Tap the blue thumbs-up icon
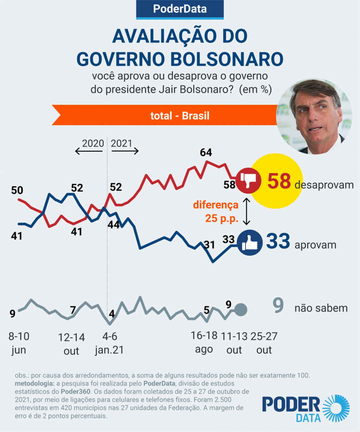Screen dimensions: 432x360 [250, 245]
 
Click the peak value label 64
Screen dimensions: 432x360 [205, 152]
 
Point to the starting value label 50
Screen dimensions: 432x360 [17, 190]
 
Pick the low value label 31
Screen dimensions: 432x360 [209, 245]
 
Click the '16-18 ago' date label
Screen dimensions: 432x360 [204, 342]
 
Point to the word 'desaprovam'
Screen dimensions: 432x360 [324, 185]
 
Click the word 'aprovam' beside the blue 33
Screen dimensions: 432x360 [315, 245]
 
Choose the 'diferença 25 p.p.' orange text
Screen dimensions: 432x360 [216, 212]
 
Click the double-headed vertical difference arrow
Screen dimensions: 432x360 [247, 211]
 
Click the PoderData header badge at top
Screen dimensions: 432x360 [180, 9]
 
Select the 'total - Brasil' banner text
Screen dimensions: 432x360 [180, 116]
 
